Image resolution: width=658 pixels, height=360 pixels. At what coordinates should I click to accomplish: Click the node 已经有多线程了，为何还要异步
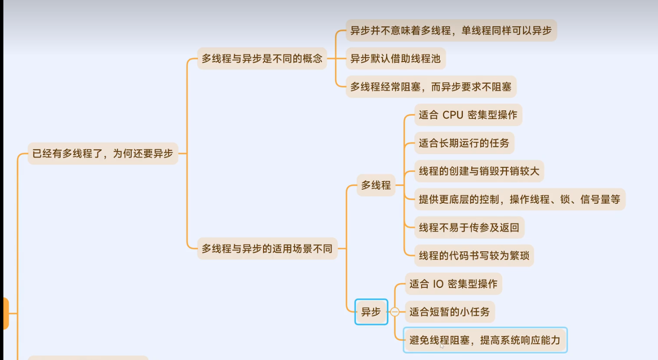pyautogui.click(x=103, y=154)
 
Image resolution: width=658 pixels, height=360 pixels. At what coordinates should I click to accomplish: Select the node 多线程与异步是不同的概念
pyautogui.click(x=262, y=59)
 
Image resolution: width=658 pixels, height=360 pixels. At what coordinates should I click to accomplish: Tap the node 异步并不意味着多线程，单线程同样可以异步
pyautogui.click(x=451, y=31)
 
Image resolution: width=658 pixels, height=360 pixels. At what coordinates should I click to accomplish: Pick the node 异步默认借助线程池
pyautogui.click(x=395, y=59)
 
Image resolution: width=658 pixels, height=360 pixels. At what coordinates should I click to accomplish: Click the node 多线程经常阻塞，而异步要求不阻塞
pyautogui.click(x=431, y=87)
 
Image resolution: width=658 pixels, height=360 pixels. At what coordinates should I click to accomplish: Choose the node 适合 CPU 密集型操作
pyautogui.click(x=468, y=115)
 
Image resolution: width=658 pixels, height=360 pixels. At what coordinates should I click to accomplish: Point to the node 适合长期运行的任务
pyautogui.click(x=464, y=143)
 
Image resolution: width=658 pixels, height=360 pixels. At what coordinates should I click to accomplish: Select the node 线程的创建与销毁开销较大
pyautogui.click(x=479, y=171)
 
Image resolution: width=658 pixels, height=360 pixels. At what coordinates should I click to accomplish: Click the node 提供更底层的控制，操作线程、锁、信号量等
pyautogui.click(x=519, y=199)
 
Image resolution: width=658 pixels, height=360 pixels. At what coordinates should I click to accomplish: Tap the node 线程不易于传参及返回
pyautogui.click(x=469, y=227)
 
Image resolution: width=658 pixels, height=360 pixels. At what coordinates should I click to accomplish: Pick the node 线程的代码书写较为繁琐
pyautogui.click(x=474, y=255)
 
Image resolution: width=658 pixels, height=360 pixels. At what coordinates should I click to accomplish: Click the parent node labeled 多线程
pyautogui.click(x=376, y=185)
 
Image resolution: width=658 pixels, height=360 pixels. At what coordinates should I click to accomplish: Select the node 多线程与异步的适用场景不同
pyautogui.click(x=267, y=249)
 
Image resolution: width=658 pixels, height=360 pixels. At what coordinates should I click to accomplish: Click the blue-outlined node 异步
pyautogui.click(x=371, y=312)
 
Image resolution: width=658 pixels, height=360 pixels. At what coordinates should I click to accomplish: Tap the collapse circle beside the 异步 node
pyautogui.click(x=395, y=312)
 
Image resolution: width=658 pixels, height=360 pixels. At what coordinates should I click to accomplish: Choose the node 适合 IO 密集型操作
pyautogui.click(x=453, y=284)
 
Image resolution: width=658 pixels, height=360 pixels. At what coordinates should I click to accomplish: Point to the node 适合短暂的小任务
pyautogui.click(x=449, y=312)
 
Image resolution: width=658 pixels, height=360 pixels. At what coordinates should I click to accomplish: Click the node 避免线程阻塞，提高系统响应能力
pyautogui.click(x=485, y=340)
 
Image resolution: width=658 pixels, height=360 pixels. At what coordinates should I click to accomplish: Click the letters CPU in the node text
pyautogui.click(x=452, y=115)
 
